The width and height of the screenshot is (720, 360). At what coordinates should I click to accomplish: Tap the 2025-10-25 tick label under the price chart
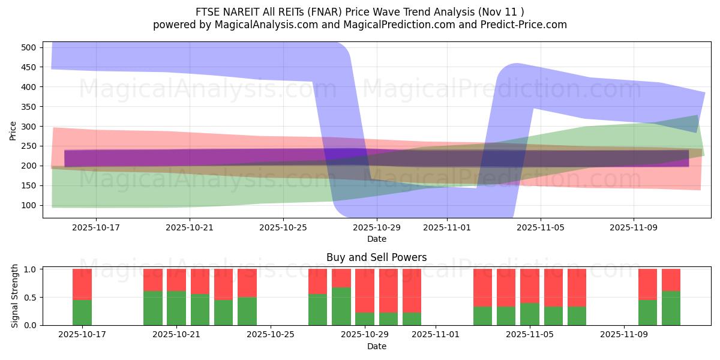(283, 228)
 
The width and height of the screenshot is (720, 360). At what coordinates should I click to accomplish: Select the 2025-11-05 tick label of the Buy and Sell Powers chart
(530, 334)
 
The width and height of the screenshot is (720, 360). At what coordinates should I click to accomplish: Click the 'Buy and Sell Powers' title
(376, 257)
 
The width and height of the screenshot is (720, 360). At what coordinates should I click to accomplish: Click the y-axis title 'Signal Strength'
(15, 297)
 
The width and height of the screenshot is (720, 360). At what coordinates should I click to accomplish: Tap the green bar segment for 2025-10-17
(82, 312)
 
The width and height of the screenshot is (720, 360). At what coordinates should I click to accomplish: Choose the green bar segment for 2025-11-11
(671, 308)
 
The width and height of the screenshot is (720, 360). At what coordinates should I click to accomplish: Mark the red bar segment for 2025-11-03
(483, 288)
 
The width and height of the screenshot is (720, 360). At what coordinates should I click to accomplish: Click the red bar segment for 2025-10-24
(247, 283)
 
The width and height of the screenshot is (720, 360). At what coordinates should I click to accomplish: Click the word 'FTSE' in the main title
(208, 11)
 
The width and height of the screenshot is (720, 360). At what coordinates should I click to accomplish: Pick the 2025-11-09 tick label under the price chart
(634, 228)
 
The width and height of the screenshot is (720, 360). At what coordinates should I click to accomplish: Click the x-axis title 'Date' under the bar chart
(376, 346)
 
